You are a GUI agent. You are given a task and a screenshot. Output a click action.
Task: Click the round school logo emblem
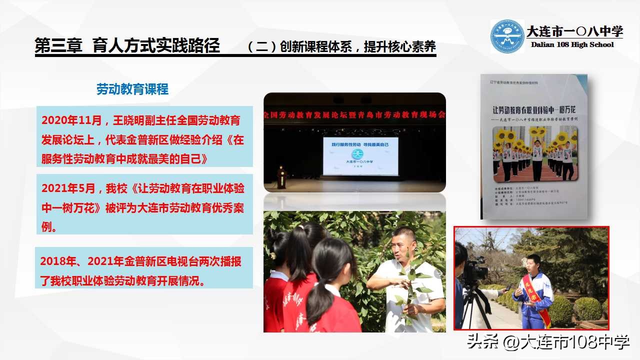[507, 36]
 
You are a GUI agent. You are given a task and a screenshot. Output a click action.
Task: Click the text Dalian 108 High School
[572, 44]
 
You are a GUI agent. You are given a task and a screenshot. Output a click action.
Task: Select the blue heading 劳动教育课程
[132, 89]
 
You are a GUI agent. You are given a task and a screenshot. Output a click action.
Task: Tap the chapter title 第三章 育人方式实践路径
[127, 46]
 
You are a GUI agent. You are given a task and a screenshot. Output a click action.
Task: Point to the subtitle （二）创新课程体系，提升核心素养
[341, 47]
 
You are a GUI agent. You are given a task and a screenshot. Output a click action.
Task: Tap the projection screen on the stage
[360, 155]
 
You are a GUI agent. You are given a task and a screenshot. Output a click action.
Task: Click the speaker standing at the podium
[281, 176]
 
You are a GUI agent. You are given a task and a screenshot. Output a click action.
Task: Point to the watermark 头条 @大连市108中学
[548, 342]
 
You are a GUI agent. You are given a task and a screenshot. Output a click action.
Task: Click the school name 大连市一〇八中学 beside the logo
[574, 31]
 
